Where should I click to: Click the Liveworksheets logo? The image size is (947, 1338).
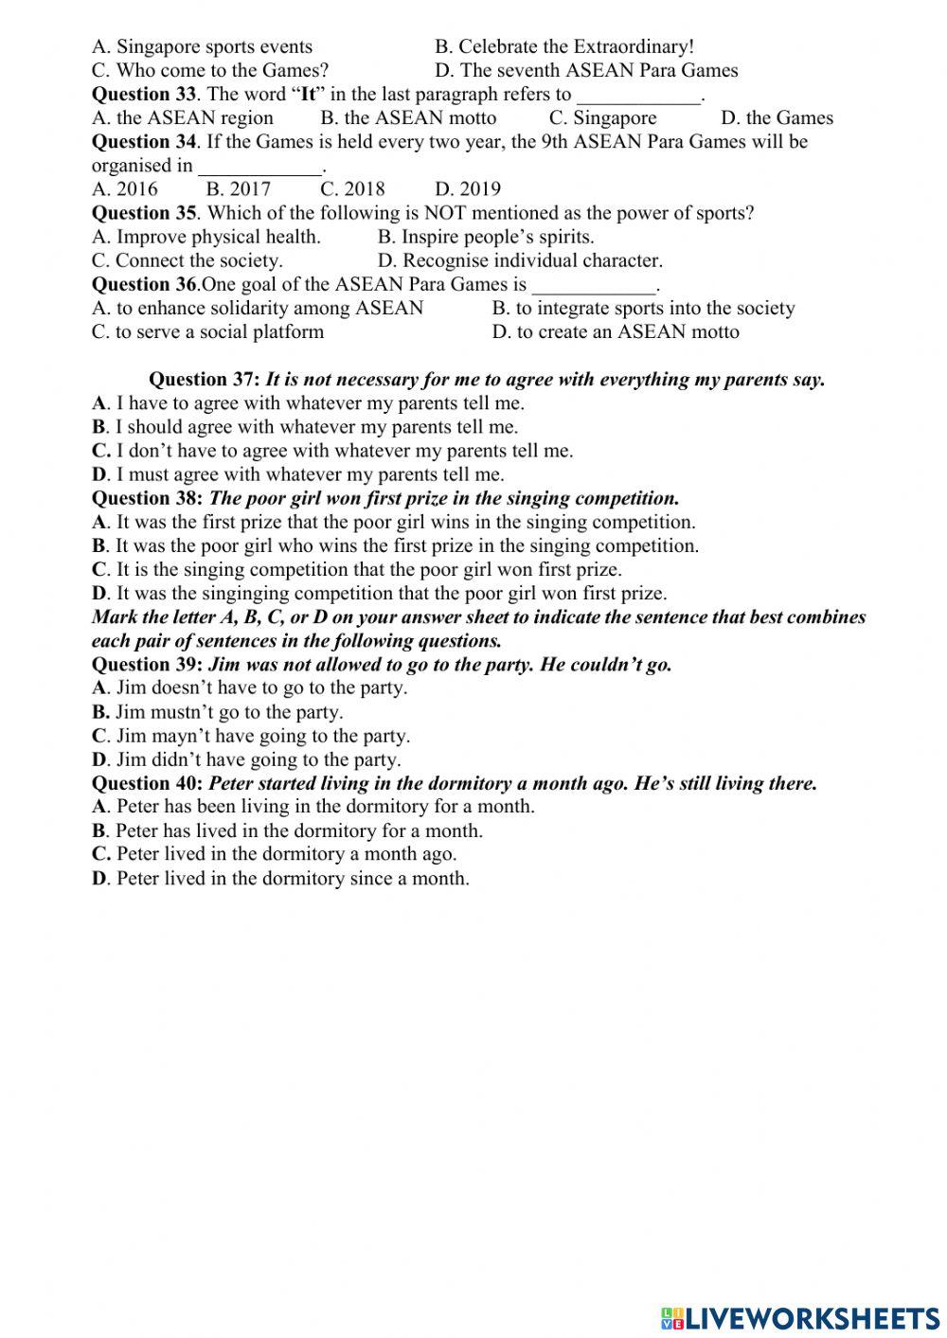pos(799,1317)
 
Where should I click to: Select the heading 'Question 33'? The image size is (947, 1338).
pos(144,94)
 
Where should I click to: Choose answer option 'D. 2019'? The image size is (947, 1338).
pos(468,188)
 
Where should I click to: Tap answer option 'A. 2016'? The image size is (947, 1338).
pos(125,188)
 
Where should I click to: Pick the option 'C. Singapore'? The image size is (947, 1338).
pos(602,117)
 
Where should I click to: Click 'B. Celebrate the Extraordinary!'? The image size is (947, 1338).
pos(564,46)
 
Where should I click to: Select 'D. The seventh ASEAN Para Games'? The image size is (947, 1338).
pos(586,70)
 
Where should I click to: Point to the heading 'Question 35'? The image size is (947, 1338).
pos(144,213)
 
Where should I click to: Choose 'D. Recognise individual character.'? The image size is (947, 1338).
pos(520,260)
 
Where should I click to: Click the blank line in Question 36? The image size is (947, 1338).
pos(594,286)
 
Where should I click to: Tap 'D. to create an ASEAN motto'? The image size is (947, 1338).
pos(616,331)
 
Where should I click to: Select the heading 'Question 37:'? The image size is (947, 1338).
pos(205,380)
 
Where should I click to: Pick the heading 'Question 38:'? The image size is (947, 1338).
pos(147,498)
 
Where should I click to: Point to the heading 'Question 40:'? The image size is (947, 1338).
pos(147,783)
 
